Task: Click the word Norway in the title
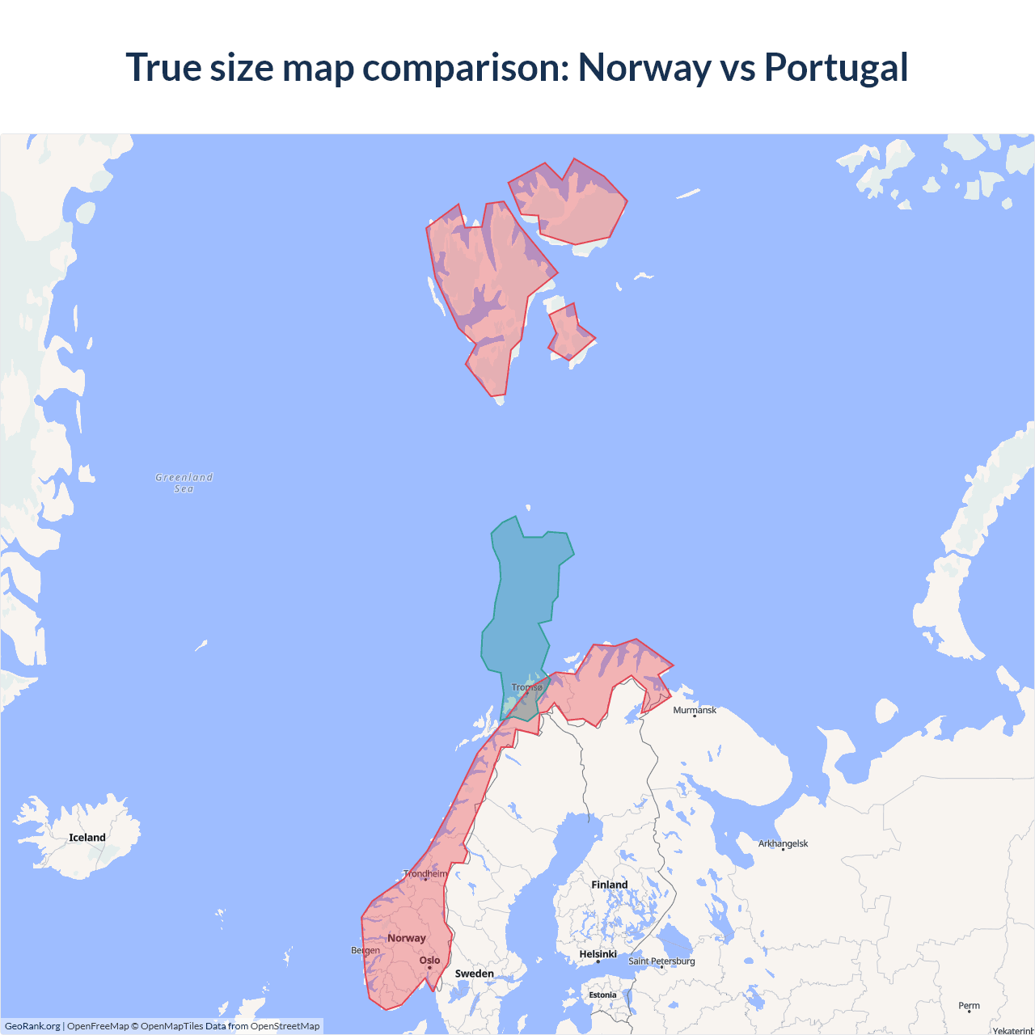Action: (x=644, y=68)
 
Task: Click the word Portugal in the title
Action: (x=835, y=68)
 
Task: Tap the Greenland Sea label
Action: (x=184, y=483)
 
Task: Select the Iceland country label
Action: (x=87, y=838)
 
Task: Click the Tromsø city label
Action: (x=527, y=687)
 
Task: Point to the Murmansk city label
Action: (x=695, y=710)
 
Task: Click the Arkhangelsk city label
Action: (x=783, y=843)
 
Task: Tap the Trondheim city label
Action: (x=425, y=873)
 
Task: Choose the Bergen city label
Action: (x=365, y=950)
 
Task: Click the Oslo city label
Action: (x=429, y=961)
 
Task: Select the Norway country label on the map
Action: (x=406, y=938)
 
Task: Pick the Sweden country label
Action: (x=474, y=974)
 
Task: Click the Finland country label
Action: (x=609, y=885)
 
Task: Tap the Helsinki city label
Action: (x=598, y=954)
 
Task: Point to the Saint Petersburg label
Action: (x=661, y=961)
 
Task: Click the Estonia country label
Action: (x=602, y=995)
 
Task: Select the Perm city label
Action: (x=969, y=1006)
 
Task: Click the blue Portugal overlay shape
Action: (x=522, y=598)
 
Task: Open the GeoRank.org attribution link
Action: (x=32, y=1026)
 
